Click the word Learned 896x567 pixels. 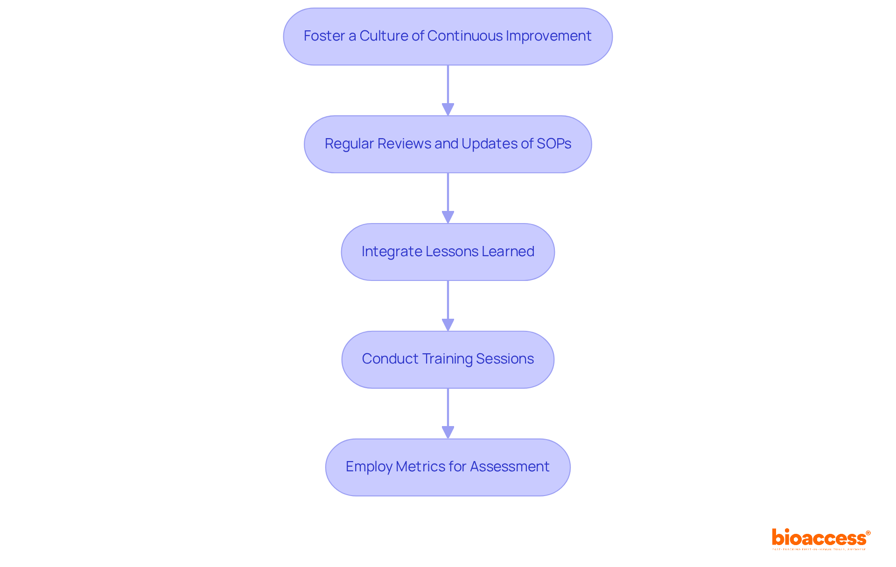click(508, 252)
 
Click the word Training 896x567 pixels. click(448, 359)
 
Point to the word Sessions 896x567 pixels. click(504, 359)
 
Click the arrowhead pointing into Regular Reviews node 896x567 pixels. click(448, 110)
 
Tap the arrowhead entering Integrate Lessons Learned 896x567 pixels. click(448, 217)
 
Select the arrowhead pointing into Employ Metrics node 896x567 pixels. click(448, 433)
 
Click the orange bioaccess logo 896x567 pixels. click(820, 539)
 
